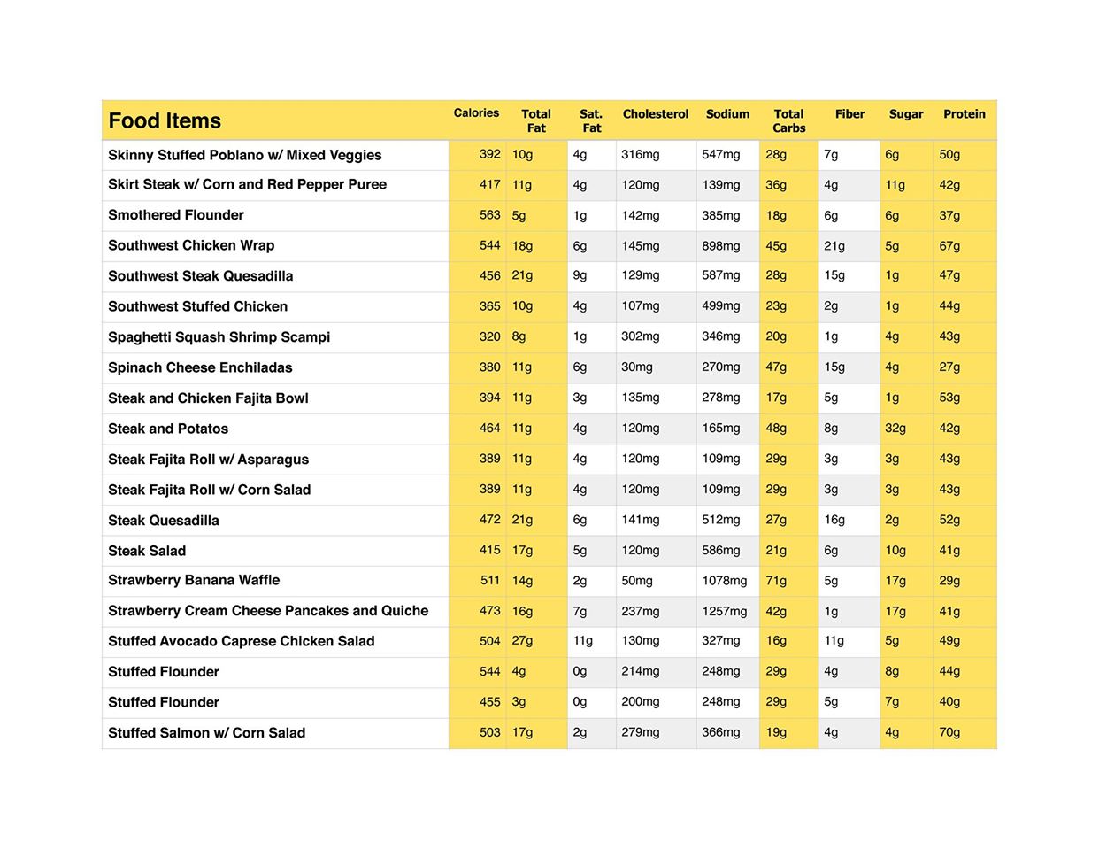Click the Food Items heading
tap(165, 121)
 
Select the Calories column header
tap(476, 113)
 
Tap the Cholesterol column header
tap(655, 114)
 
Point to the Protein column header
tap(964, 114)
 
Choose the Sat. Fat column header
tap(591, 120)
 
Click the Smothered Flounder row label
tap(176, 215)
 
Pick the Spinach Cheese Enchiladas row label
tap(200, 367)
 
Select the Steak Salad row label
tap(147, 551)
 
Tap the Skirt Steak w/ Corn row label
tap(247, 184)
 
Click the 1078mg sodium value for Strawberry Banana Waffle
tap(724, 581)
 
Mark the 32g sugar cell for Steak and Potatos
tap(895, 429)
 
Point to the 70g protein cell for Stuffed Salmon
tap(949, 732)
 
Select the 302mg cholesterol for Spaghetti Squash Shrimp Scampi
tap(640, 336)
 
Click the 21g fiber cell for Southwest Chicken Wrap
tap(834, 246)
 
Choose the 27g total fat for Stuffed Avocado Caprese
tap(522, 641)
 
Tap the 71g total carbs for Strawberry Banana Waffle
tap(775, 581)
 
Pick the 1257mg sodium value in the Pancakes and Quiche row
tap(724, 611)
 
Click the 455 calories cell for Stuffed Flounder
tap(489, 702)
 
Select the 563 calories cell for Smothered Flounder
tap(489, 215)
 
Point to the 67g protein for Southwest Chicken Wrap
tap(949, 246)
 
